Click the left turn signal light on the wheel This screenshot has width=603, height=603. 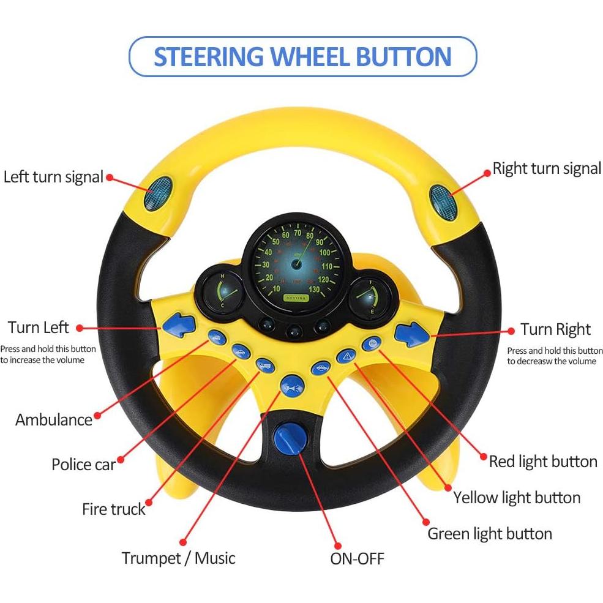pos(161,190)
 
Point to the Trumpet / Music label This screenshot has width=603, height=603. pos(178,558)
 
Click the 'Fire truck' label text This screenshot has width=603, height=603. pos(114,509)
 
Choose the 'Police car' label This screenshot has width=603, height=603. pos(83,464)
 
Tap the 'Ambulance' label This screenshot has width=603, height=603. pos(54,419)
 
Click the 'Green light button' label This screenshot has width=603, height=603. pos(489,533)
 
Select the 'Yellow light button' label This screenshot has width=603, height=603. pos(517,497)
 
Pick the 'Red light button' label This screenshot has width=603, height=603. pos(543,461)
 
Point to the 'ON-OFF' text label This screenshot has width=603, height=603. pos(358,558)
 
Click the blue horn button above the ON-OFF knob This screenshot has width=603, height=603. pos(291,386)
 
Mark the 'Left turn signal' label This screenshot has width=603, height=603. pos(53,177)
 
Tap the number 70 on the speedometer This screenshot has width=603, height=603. pos(298,233)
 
